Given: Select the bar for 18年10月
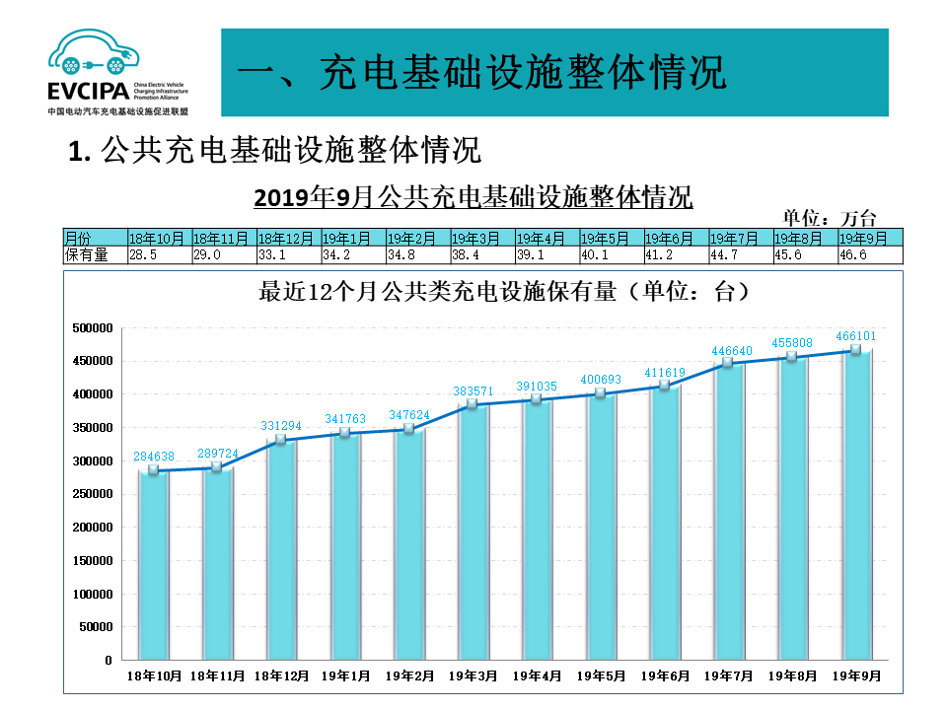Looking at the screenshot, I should (x=153, y=565).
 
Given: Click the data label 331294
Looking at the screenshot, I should (x=281, y=425).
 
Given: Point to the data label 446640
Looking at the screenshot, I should (x=730, y=349).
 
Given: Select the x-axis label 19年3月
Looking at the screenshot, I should (x=473, y=676).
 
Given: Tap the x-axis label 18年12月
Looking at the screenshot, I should (x=281, y=676).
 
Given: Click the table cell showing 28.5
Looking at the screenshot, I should (x=158, y=254).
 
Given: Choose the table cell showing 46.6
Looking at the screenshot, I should (x=868, y=254).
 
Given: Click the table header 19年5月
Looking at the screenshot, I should (x=610, y=239).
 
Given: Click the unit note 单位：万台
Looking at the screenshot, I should (x=829, y=218).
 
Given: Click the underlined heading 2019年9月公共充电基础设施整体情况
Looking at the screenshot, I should (x=473, y=196).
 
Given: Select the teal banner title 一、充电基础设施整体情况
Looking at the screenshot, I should (x=483, y=73).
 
